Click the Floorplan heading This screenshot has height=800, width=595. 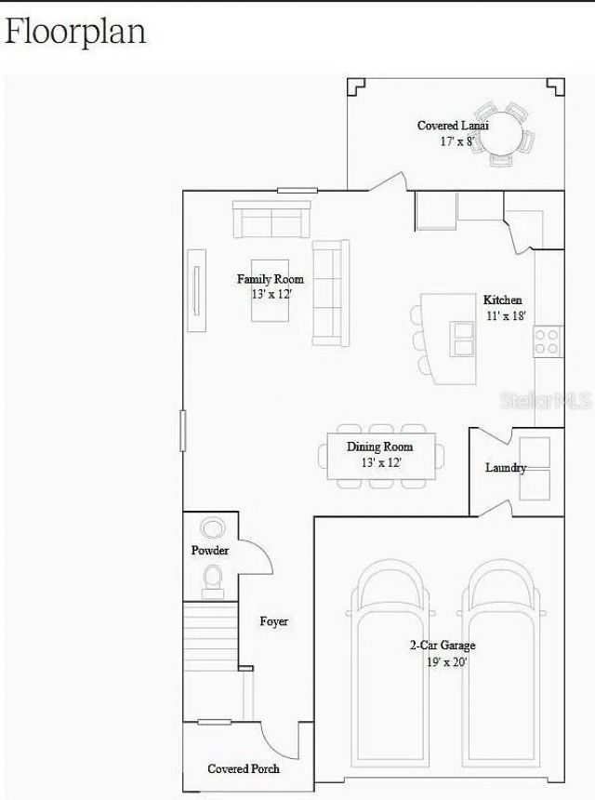point(75,32)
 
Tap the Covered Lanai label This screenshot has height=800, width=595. point(453,126)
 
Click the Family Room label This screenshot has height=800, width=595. point(271,279)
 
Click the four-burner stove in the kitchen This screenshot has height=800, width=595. point(548,341)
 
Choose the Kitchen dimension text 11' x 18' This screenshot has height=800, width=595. point(506,316)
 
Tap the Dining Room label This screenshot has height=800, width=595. point(380,447)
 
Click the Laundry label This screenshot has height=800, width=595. point(505,468)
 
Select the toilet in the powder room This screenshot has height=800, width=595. point(212,581)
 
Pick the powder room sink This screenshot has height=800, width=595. point(212,527)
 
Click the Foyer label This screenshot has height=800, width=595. point(273,621)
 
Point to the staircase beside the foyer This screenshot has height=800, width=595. point(210,636)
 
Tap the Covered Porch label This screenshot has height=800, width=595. point(244,769)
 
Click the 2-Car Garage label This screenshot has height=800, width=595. point(443,646)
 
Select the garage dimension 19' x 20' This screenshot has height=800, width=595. point(447,662)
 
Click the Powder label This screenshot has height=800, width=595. point(210,551)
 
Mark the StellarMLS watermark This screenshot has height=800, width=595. point(546,401)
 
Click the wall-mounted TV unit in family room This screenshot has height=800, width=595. point(197,290)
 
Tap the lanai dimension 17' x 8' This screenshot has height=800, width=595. point(457,141)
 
